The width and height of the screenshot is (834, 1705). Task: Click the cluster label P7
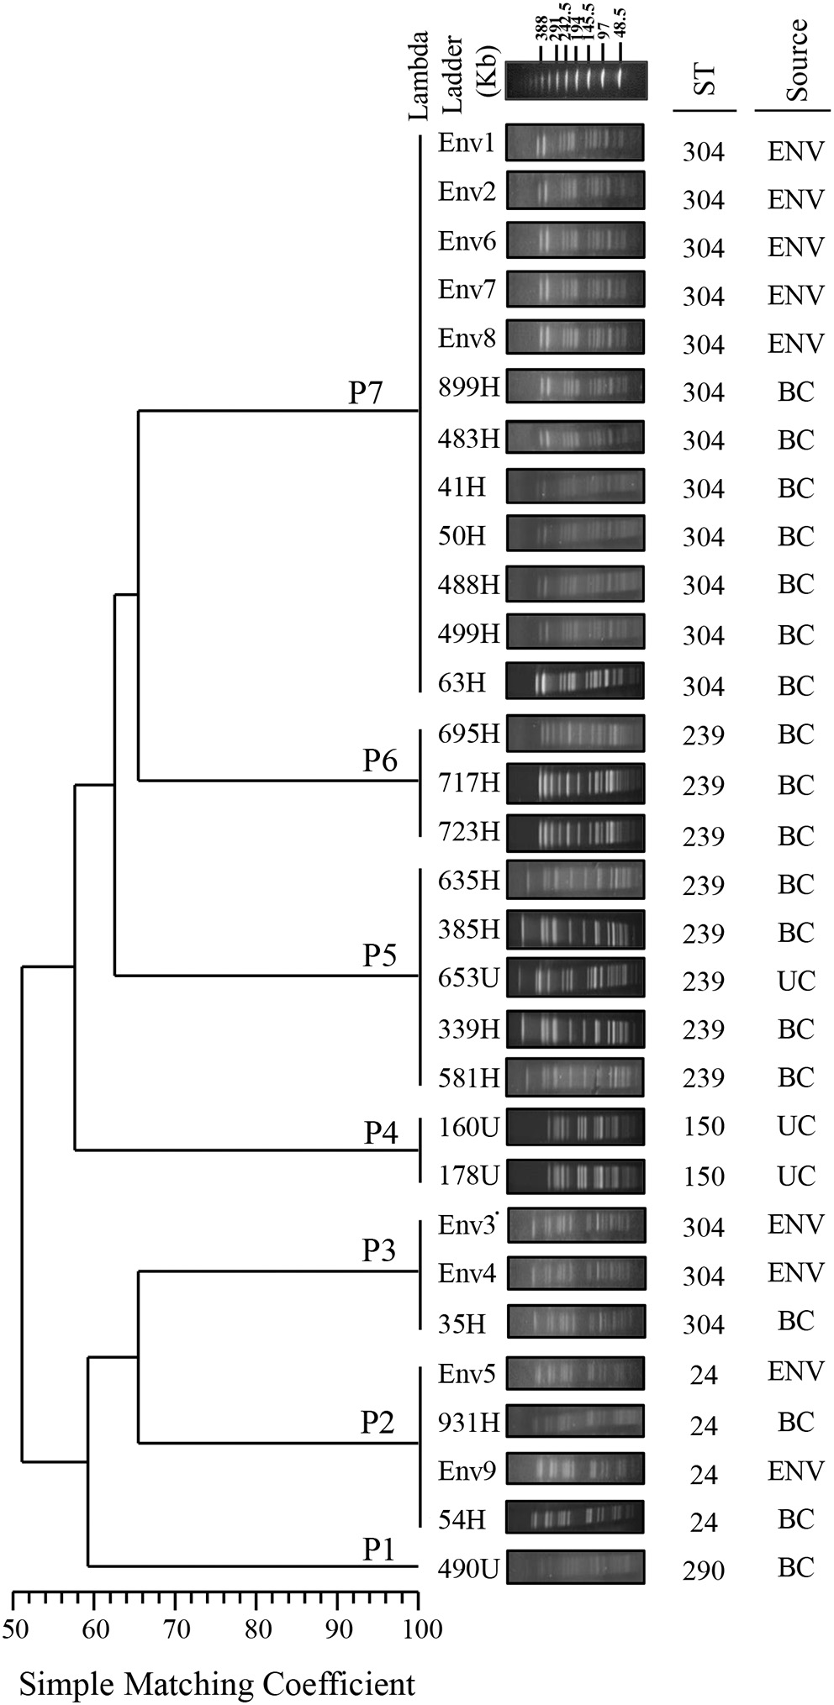(367, 393)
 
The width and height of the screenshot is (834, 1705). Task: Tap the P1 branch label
(379, 1550)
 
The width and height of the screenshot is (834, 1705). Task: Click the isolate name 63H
(462, 682)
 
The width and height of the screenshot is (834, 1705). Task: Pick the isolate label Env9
(467, 1471)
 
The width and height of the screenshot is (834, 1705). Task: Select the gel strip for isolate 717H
(575, 784)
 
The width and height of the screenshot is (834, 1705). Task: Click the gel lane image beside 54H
(575, 1518)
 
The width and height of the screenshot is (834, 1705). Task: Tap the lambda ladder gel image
(575, 82)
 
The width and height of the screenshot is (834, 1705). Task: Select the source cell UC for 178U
(795, 1175)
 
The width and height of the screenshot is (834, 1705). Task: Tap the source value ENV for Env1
(795, 151)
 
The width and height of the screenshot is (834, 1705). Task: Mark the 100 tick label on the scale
(417, 1630)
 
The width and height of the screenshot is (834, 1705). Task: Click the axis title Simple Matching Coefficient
(217, 1683)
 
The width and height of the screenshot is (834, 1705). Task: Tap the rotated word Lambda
(418, 76)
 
